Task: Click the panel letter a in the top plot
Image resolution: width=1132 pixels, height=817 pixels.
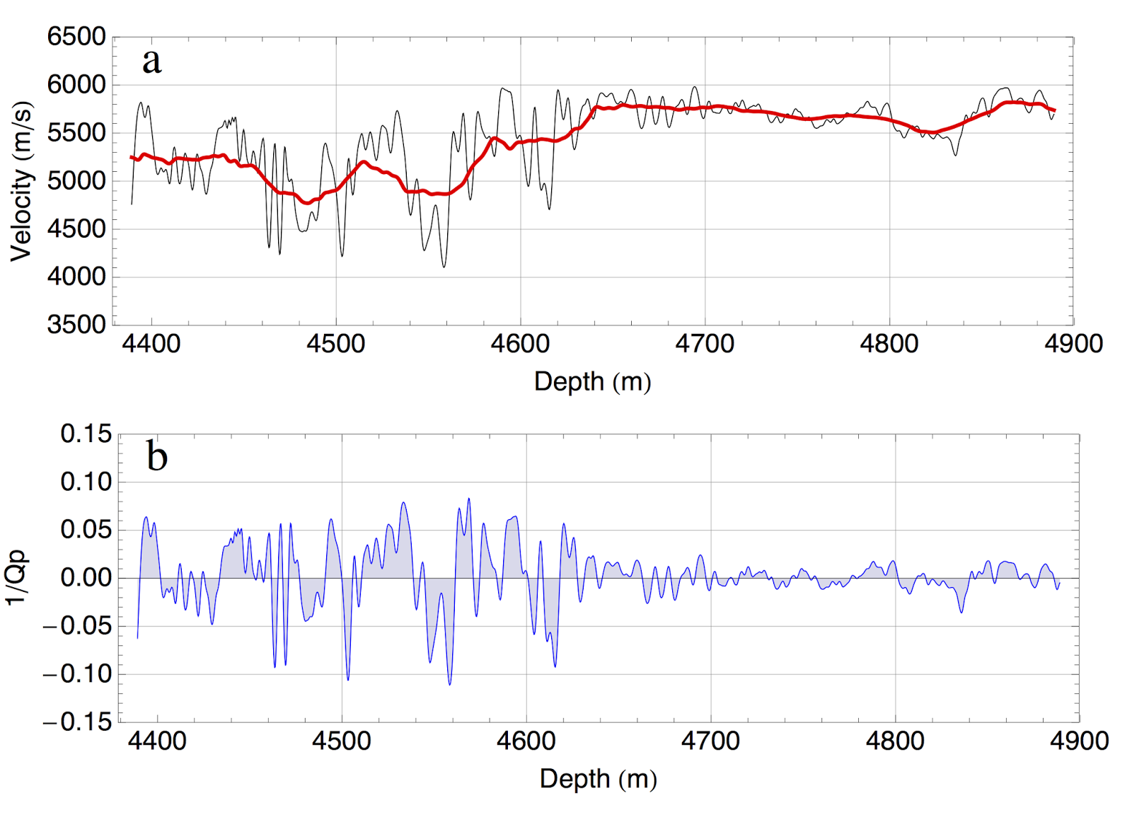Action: click(x=152, y=62)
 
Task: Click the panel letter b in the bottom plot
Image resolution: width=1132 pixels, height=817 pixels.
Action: click(x=157, y=456)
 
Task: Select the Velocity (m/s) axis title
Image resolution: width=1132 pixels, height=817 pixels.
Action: click(x=21, y=181)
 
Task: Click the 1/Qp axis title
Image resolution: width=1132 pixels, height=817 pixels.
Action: click(x=17, y=577)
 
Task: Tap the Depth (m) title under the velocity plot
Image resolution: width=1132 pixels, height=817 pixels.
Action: click(x=592, y=381)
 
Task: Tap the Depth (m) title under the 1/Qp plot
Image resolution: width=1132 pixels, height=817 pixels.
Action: click(x=598, y=779)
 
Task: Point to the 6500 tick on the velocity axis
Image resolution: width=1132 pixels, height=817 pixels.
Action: click(x=76, y=37)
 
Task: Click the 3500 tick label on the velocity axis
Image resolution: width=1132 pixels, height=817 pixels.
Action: click(x=76, y=325)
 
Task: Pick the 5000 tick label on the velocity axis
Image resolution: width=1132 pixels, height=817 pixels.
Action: click(x=76, y=180)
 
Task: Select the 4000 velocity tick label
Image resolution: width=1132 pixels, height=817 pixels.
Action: click(x=76, y=277)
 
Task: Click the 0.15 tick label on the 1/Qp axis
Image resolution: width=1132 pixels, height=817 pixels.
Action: click(x=86, y=434)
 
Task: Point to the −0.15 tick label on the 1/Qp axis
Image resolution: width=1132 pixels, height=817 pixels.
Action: click(x=78, y=722)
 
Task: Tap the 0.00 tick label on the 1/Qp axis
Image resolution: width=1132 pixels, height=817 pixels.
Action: click(x=86, y=578)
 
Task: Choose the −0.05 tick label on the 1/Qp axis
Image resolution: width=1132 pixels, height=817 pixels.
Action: click(x=78, y=626)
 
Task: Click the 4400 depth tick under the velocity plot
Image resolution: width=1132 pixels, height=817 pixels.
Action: click(x=151, y=344)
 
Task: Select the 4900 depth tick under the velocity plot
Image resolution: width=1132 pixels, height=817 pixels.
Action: click(x=1073, y=344)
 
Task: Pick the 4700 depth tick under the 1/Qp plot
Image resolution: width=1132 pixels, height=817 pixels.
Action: click(x=710, y=741)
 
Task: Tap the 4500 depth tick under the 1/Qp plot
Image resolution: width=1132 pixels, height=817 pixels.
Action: click(x=342, y=741)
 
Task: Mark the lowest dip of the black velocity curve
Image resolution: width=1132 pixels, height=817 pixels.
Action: click(x=444, y=267)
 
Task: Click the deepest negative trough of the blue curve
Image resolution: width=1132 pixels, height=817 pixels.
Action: click(x=450, y=684)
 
